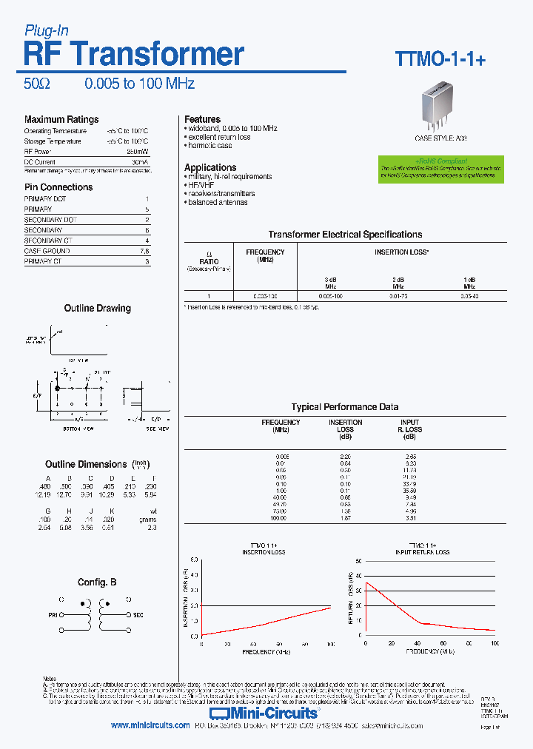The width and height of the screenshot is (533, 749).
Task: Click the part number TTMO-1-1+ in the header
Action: point(440,60)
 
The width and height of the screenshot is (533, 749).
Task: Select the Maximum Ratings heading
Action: point(61,119)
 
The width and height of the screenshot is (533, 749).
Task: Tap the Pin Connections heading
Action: point(58,187)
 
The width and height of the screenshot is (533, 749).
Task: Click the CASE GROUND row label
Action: point(47,251)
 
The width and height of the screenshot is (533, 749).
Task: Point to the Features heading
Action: point(202,119)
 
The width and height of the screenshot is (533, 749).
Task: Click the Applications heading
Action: point(210,167)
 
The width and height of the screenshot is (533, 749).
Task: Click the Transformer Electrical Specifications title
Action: point(345,235)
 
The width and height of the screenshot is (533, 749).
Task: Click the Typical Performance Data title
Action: point(345,407)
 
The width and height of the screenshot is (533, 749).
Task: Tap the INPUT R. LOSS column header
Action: point(409,426)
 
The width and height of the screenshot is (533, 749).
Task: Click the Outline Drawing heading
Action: point(97,308)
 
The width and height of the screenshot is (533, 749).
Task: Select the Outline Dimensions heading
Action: point(86,464)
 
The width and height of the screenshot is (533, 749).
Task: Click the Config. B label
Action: point(97,582)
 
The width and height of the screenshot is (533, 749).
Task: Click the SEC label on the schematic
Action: point(138,614)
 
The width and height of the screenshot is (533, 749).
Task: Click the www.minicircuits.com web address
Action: point(150,726)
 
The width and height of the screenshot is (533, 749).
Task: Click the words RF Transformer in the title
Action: point(134,54)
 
